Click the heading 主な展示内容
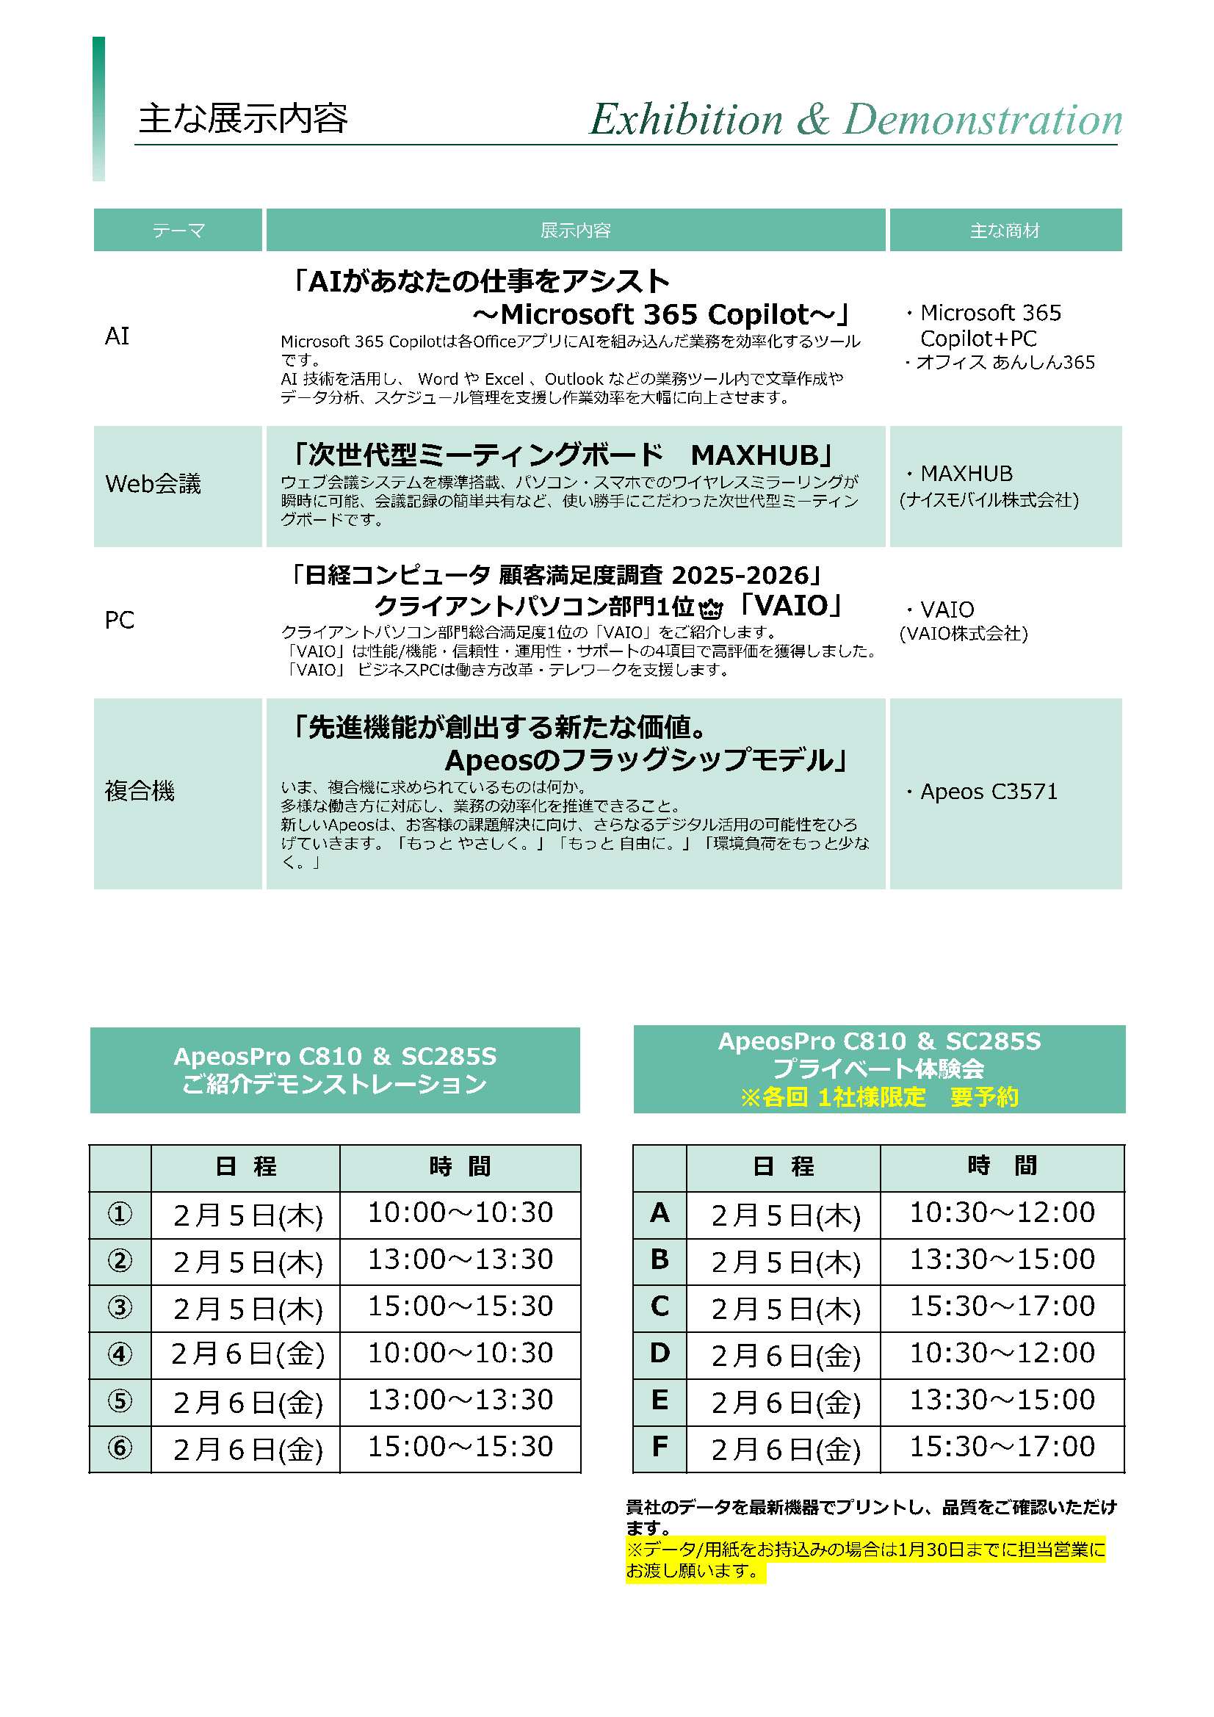[243, 119]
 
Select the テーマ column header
[178, 231]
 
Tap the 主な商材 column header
[1005, 231]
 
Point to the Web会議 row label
[153, 484]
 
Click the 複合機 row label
[140, 790]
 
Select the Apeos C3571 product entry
[988, 791]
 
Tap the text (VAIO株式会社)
[964, 633]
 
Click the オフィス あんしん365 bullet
[1005, 363]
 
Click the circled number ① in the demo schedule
[120, 1213]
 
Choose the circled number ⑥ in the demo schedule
[120, 1447]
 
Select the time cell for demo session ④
[460, 1353]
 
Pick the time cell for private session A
[1002, 1212]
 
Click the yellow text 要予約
[983, 1096]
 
